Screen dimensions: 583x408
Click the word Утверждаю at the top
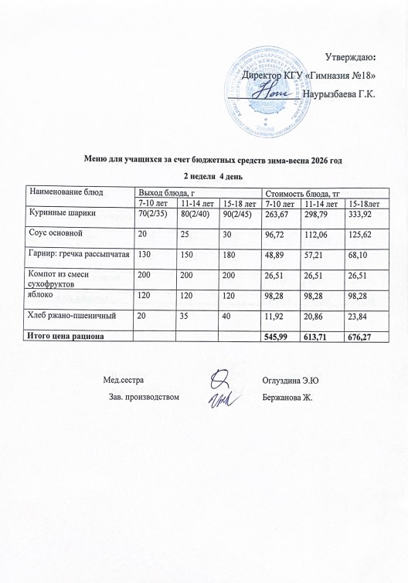349,56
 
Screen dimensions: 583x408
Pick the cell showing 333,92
365,213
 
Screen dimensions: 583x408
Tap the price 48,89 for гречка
277,253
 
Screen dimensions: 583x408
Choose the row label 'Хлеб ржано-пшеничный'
72,316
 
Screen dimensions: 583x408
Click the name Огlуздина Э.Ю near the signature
291,379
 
